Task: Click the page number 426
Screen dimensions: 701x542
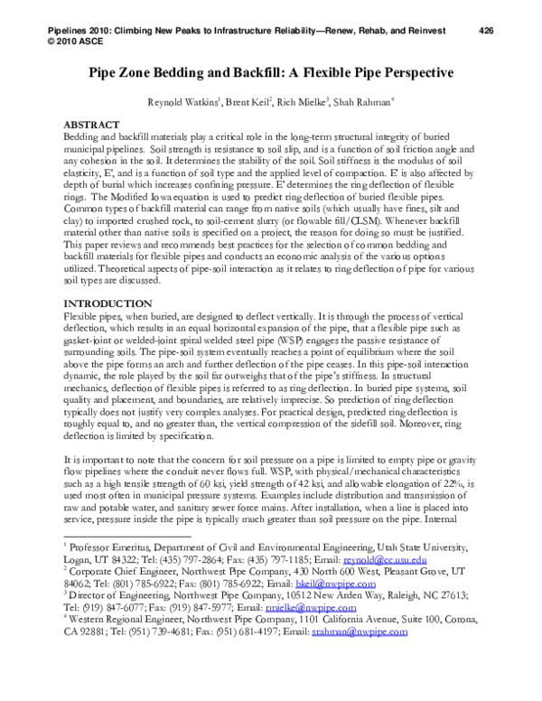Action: coord(486,31)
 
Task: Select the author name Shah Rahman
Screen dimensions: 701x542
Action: coord(386,102)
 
